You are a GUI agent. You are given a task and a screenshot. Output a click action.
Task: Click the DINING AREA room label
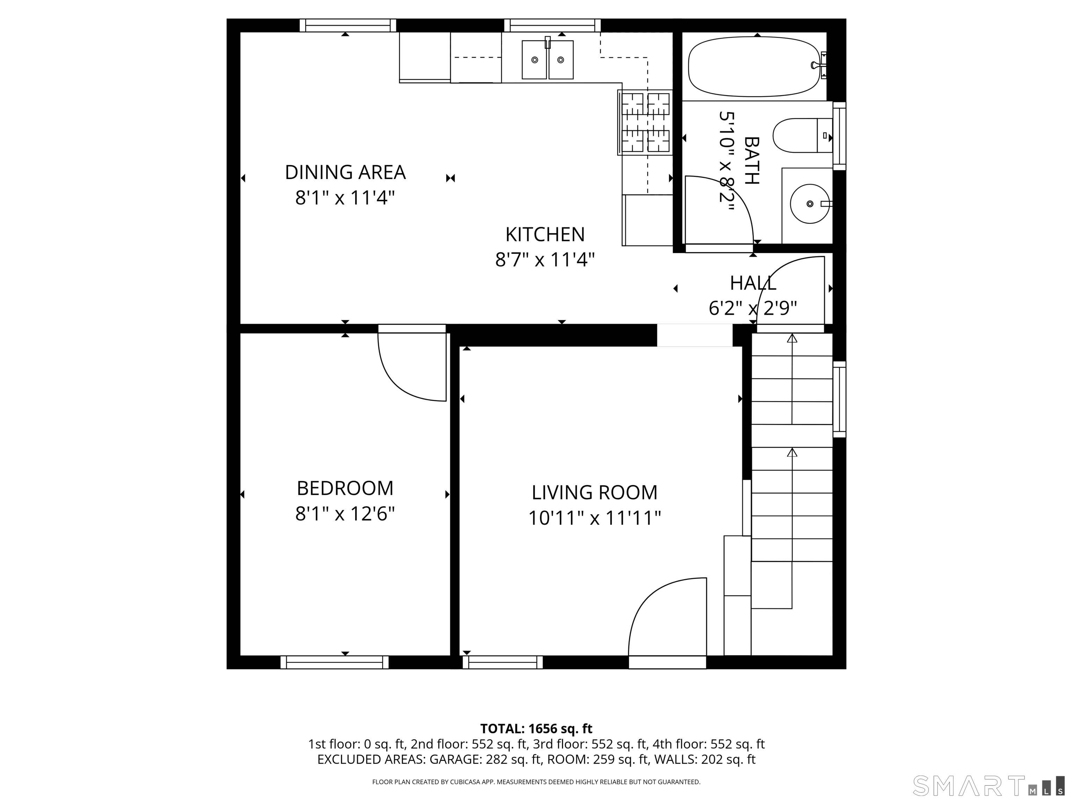[345, 172]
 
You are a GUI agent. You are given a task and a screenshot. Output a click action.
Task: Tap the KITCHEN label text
[545, 234]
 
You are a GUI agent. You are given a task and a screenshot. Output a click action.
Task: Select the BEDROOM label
[345, 488]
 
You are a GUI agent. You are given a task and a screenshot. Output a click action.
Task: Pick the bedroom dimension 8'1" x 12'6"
[345, 514]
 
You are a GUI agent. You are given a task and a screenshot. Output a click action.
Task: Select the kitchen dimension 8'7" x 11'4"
[545, 260]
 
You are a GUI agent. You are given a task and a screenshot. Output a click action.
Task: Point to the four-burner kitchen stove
[645, 122]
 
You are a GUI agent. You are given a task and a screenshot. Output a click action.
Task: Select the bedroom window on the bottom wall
[335, 662]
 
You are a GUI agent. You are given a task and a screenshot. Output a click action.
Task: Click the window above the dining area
[348, 25]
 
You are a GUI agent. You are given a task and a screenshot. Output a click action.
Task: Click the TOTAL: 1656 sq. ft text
[536, 728]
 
